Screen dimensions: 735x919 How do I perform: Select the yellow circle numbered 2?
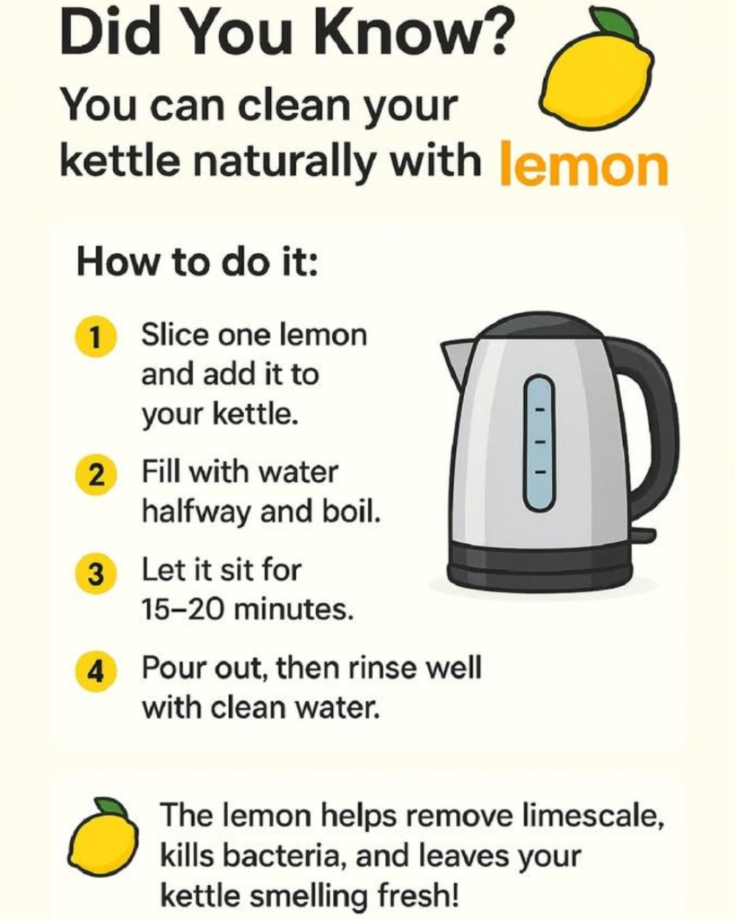pos(95,476)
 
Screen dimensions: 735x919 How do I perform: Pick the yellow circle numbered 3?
pos(95,573)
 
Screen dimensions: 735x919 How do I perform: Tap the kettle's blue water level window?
pos(539,442)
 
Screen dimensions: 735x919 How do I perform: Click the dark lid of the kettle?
pos(540,329)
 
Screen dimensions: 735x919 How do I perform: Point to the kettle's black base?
pos(540,565)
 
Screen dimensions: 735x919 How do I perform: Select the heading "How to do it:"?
pos(197,263)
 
